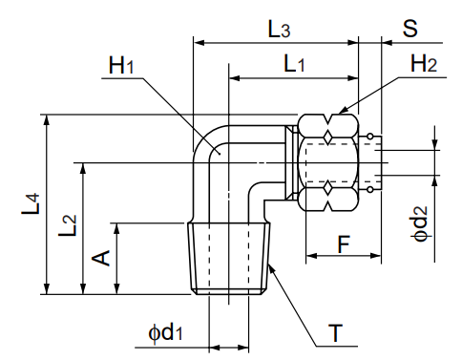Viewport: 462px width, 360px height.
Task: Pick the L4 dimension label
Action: pyautogui.click(x=31, y=204)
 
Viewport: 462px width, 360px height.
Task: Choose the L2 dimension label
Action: pyautogui.click(x=67, y=227)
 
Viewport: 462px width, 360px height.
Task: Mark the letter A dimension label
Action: pyautogui.click(x=101, y=257)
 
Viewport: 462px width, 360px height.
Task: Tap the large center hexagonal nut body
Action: pyautogui.click(x=330, y=160)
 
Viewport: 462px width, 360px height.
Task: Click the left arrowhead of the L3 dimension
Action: pyautogui.click(x=199, y=42)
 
